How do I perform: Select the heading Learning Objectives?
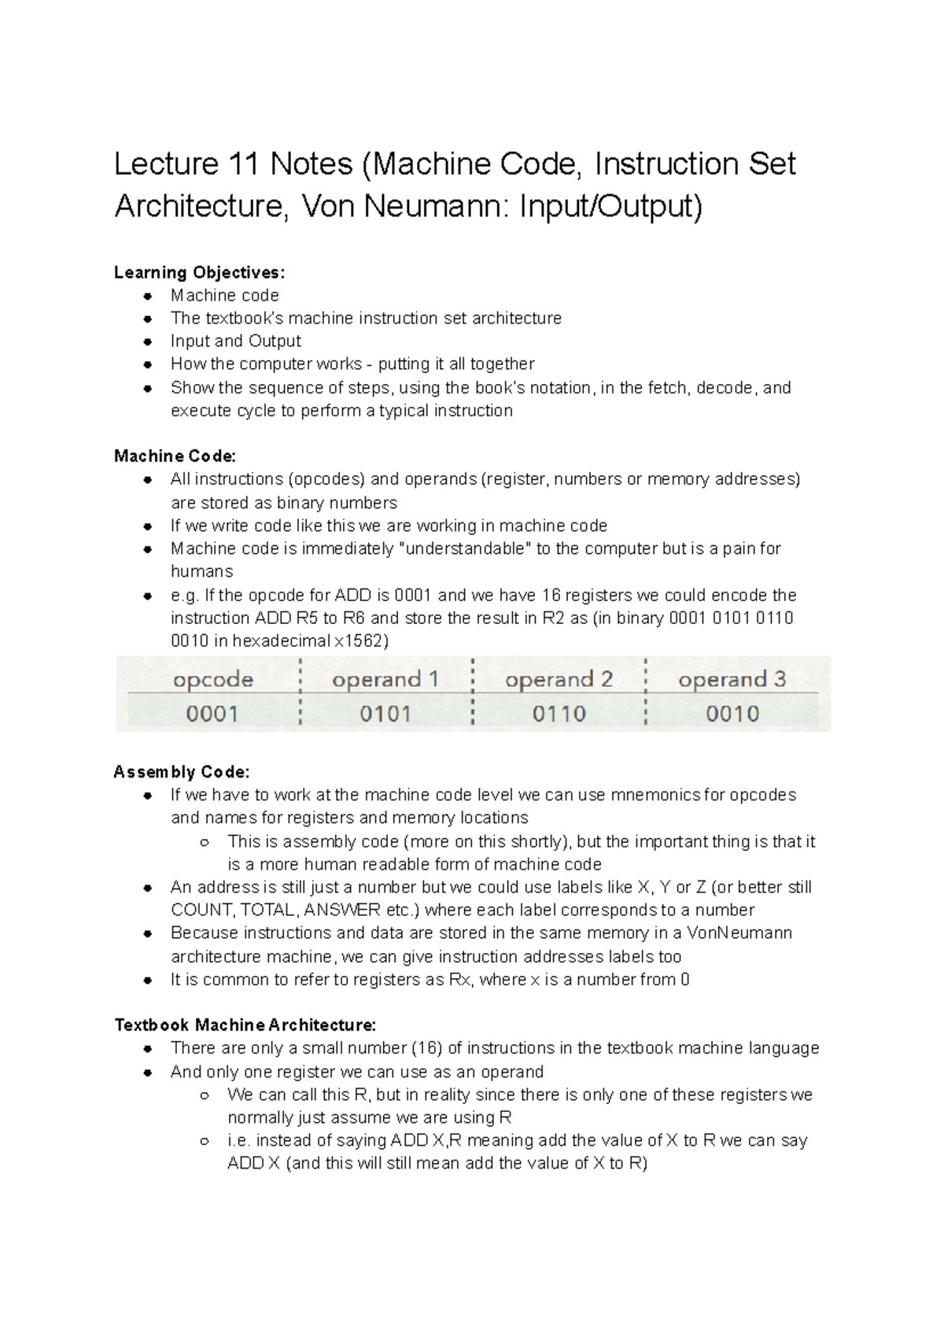point(200,272)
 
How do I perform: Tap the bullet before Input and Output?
point(147,342)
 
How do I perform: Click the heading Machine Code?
point(175,456)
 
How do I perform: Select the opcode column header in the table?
point(212,679)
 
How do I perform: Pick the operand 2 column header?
point(559,679)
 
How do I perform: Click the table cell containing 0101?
point(385,714)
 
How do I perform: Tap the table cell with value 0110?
point(559,714)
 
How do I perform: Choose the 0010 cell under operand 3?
point(732,714)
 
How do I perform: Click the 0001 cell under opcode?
point(212,714)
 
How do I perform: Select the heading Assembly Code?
point(182,772)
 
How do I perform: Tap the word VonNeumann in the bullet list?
point(739,933)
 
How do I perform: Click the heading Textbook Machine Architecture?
point(245,1025)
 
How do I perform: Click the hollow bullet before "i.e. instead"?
point(205,1141)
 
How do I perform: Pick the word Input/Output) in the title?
point(610,206)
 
